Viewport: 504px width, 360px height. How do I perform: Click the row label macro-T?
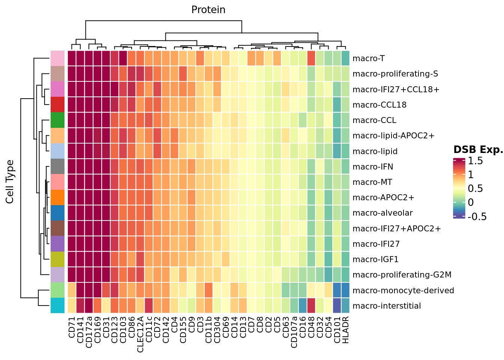(x=369, y=58)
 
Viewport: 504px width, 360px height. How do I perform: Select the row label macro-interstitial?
(x=387, y=306)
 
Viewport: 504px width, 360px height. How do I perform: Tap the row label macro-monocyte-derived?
(x=403, y=291)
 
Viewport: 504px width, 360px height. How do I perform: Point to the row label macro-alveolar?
(x=382, y=213)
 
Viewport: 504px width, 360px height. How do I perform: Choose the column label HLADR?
(x=346, y=330)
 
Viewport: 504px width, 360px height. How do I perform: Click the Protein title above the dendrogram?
(x=208, y=10)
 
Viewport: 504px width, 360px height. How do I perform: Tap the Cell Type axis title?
(x=10, y=182)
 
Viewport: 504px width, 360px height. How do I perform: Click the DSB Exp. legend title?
(x=478, y=150)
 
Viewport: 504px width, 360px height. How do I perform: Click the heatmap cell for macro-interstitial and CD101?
(x=337, y=306)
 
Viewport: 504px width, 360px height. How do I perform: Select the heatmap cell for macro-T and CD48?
(x=311, y=58)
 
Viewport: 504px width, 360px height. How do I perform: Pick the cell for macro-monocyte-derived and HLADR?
(x=346, y=291)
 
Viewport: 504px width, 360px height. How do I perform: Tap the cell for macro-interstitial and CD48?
(x=311, y=306)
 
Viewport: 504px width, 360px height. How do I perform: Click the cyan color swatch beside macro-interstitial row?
(x=57, y=306)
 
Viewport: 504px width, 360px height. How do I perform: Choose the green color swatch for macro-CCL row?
(x=57, y=120)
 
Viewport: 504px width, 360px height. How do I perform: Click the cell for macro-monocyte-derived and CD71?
(x=72, y=291)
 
